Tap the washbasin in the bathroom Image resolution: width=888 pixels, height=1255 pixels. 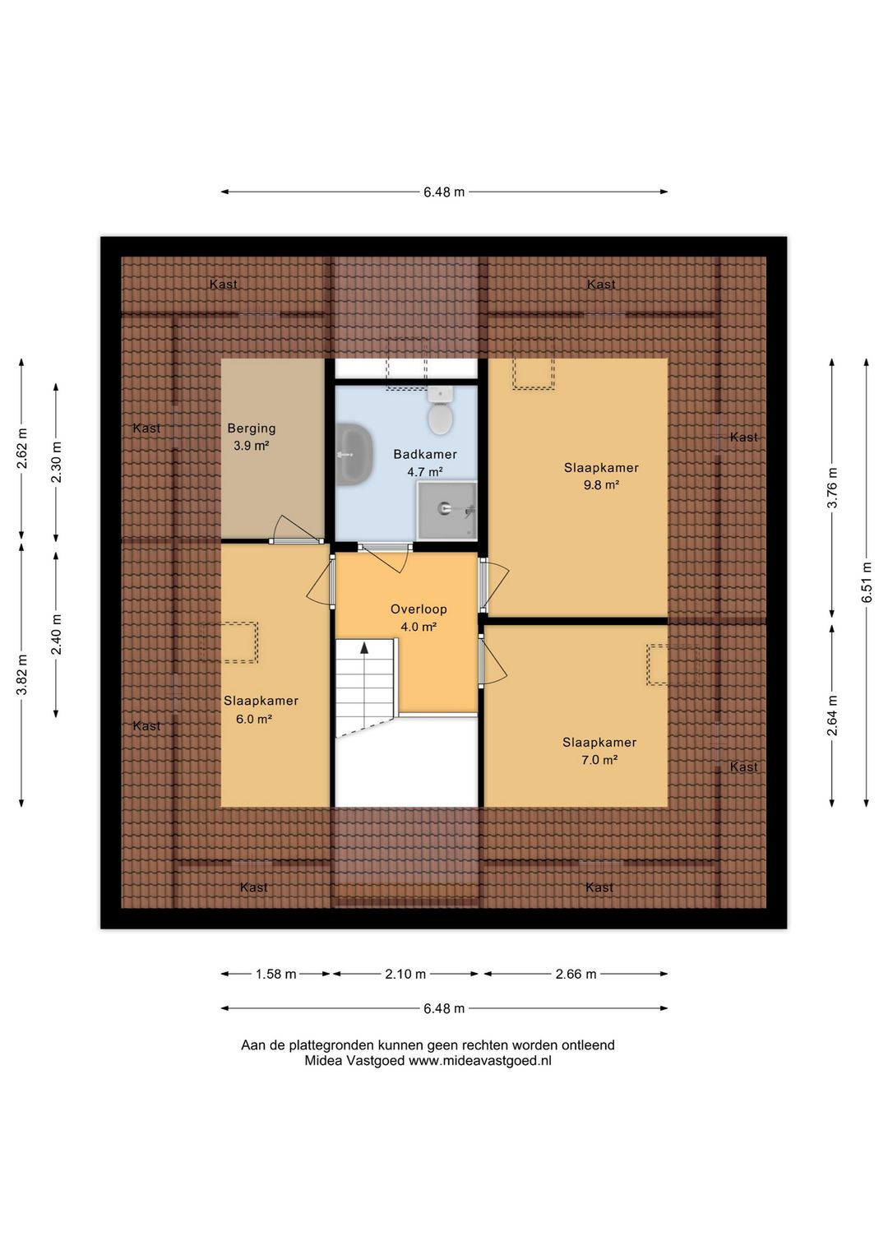[x=353, y=454]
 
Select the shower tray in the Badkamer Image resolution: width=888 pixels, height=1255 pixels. [x=446, y=510]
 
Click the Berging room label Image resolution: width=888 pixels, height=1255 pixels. [x=252, y=428]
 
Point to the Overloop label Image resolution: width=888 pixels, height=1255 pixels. [x=419, y=609]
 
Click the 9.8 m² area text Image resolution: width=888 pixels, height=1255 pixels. [x=601, y=485]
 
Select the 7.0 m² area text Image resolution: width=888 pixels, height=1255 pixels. [x=599, y=760]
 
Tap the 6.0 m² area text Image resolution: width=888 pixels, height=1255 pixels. [x=254, y=719]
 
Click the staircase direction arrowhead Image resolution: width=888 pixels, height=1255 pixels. [x=364, y=648]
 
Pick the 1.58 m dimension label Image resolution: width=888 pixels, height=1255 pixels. [x=275, y=975]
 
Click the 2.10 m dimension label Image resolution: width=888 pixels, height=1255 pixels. [x=405, y=975]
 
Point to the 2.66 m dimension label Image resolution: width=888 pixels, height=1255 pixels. [x=576, y=975]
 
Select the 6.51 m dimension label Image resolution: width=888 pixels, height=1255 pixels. [x=867, y=581]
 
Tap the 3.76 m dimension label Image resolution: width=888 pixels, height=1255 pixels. [x=833, y=488]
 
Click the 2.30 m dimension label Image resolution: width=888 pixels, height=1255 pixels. [x=56, y=463]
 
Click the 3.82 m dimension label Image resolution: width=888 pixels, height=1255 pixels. [x=22, y=674]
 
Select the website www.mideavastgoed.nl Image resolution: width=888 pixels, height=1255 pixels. [x=479, y=1061]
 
